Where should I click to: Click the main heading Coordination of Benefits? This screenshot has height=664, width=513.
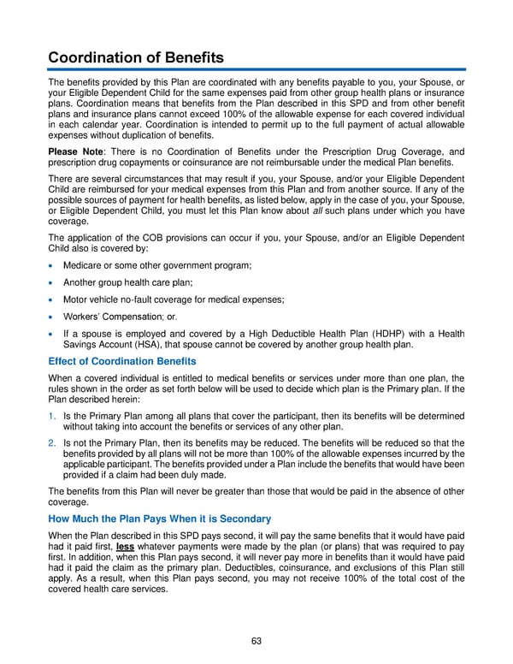pyautogui.click(x=135, y=57)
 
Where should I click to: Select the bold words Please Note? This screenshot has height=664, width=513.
pyautogui.click(x=72, y=151)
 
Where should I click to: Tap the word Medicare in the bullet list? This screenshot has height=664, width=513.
pyautogui.click(x=83, y=266)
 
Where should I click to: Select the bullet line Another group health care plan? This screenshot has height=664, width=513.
pyautogui.click(x=127, y=282)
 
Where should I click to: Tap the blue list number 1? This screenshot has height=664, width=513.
pyautogui.click(x=52, y=413)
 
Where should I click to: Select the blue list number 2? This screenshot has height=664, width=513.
pyautogui.click(x=52, y=442)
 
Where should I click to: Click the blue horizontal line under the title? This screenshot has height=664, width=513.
pyautogui.click(x=256, y=69)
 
